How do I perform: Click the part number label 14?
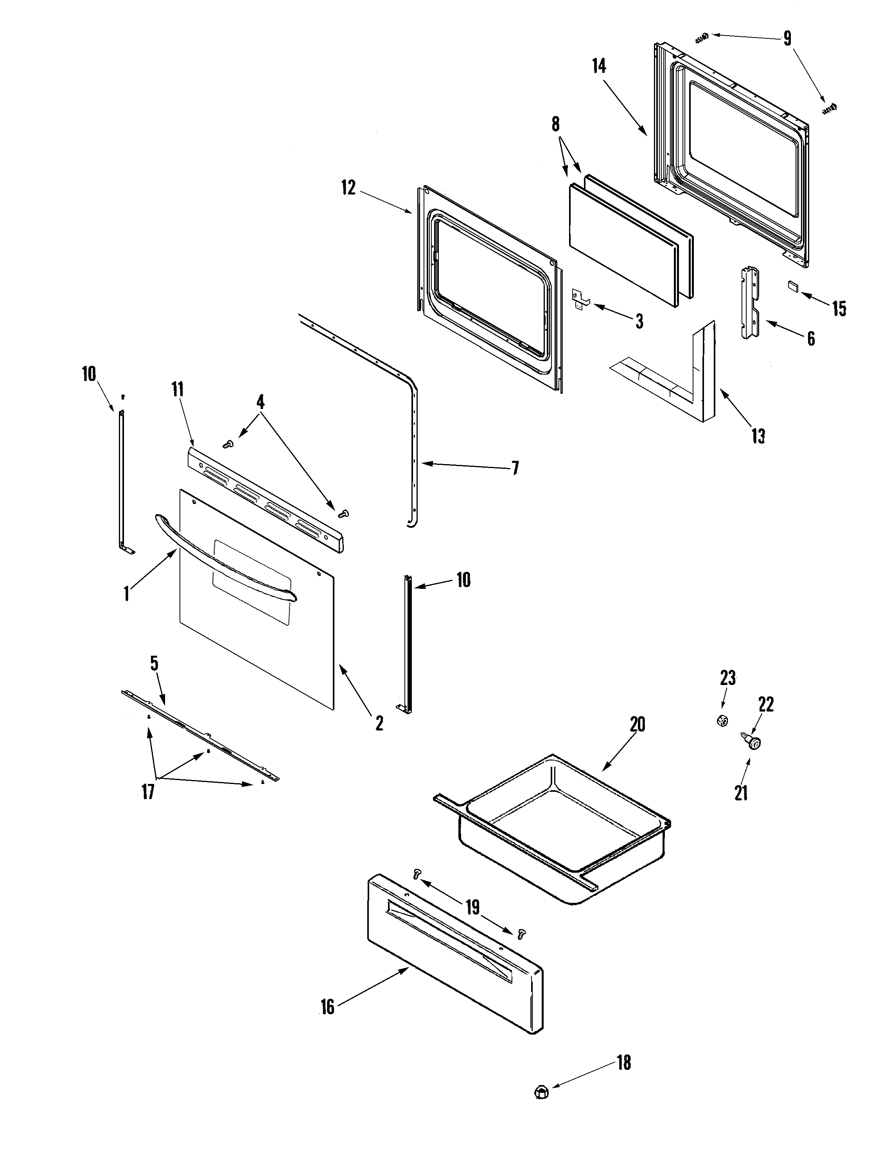point(599,66)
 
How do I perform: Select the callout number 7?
point(515,468)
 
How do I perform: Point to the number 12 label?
point(348,188)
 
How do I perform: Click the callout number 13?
point(758,436)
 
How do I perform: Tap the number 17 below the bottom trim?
point(147,807)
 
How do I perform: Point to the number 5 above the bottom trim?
point(154,663)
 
